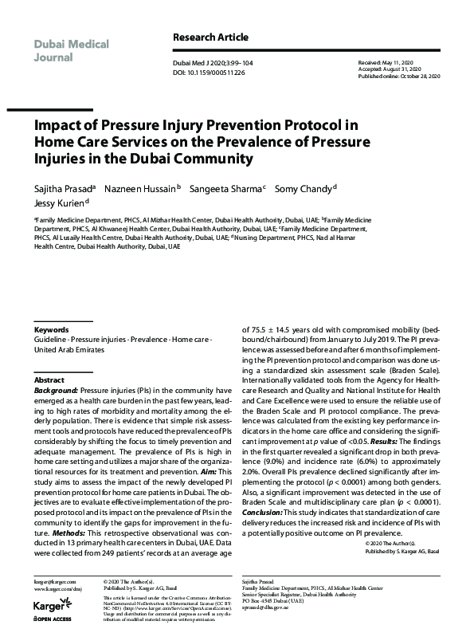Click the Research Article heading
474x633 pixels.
pos(210,37)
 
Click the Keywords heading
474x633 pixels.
pos(50,329)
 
